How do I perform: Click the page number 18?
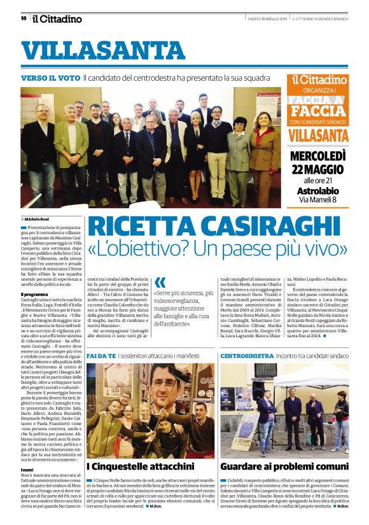pos(24,18)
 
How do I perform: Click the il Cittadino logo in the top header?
pos(57,18)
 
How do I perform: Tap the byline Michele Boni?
pos(39,218)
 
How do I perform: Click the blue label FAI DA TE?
pos(102,355)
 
